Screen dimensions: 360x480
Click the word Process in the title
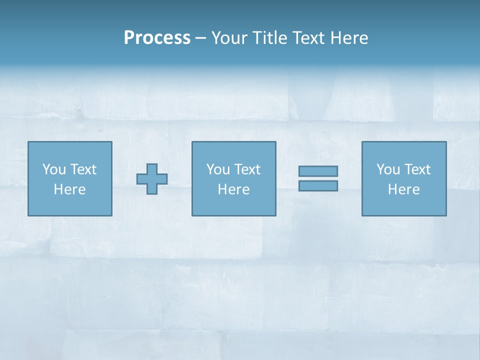click(x=157, y=38)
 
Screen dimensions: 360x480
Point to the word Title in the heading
click(x=269, y=38)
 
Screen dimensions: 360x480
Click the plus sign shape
click(x=152, y=179)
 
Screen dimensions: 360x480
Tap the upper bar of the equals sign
click(x=318, y=171)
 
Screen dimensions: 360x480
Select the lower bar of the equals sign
click(x=318, y=185)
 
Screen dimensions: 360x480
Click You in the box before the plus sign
click(x=54, y=169)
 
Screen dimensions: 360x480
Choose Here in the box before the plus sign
click(x=69, y=189)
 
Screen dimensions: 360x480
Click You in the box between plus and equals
click(x=218, y=169)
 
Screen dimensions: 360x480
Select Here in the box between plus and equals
click(x=233, y=189)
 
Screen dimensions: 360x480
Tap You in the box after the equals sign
click(x=388, y=169)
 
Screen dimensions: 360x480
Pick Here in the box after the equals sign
click(x=403, y=189)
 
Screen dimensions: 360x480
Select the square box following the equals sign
click(x=404, y=205)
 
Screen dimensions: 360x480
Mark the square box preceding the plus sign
click(x=70, y=205)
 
